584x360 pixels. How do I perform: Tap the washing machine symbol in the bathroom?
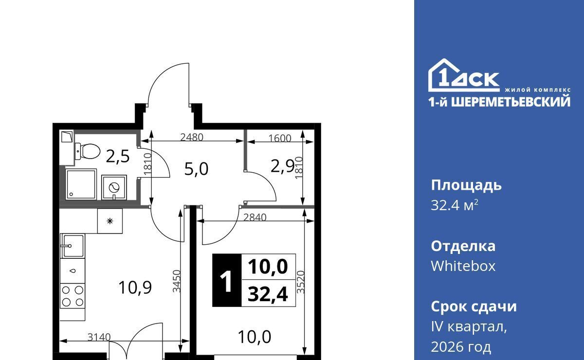click(x=114, y=187)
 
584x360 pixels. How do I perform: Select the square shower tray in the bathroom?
click(x=81, y=184)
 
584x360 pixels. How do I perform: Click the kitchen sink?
click(x=72, y=246)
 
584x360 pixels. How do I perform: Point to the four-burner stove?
click(x=73, y=296)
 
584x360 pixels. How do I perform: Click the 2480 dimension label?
click(x=192, y=137)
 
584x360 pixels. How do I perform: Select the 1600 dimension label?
click(x=280, y=138)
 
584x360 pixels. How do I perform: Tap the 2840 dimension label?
click(x=255, y=217)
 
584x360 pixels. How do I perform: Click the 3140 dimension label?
click(x=99, y=337)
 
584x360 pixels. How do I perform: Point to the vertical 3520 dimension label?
click(x=301, y=282)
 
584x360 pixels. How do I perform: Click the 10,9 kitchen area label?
click(x=135, y=288)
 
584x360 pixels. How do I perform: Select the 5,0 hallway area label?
click(x=196, y=169)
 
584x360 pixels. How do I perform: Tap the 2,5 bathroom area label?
click(x=118, y=157)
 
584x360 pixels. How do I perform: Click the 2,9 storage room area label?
click(x=283, y=166)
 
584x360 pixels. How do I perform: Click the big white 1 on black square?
click(x=226, y=281)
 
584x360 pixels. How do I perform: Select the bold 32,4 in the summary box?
click(x=268, y=294)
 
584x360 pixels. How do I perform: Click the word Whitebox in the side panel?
click(x=463, y=266)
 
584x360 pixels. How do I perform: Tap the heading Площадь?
click(x=466, y=186)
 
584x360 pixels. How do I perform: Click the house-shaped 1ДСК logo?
click(x=464, y=75)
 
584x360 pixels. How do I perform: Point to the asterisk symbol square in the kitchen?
click(x=110, y=221)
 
